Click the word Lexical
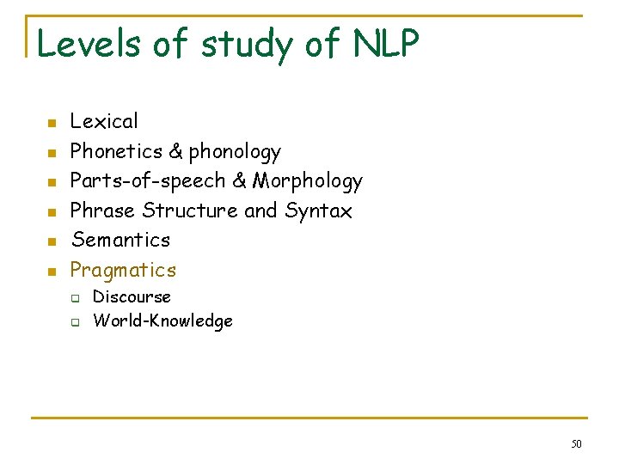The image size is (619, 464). point(104,122)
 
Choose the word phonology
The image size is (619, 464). point(235,153)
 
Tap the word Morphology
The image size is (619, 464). point(307,181)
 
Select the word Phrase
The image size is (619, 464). point(103,211)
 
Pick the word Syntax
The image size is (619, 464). point(318,211)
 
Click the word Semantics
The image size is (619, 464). point(120,240)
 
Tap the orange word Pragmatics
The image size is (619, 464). point(123,271)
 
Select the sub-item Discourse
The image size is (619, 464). point(132,296)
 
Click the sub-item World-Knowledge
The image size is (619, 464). point(162,321)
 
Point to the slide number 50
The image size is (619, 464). point(576,443)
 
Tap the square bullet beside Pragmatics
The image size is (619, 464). point(52,272)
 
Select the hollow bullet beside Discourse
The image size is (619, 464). point(75,298)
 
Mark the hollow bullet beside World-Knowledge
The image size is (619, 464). point(75,322)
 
